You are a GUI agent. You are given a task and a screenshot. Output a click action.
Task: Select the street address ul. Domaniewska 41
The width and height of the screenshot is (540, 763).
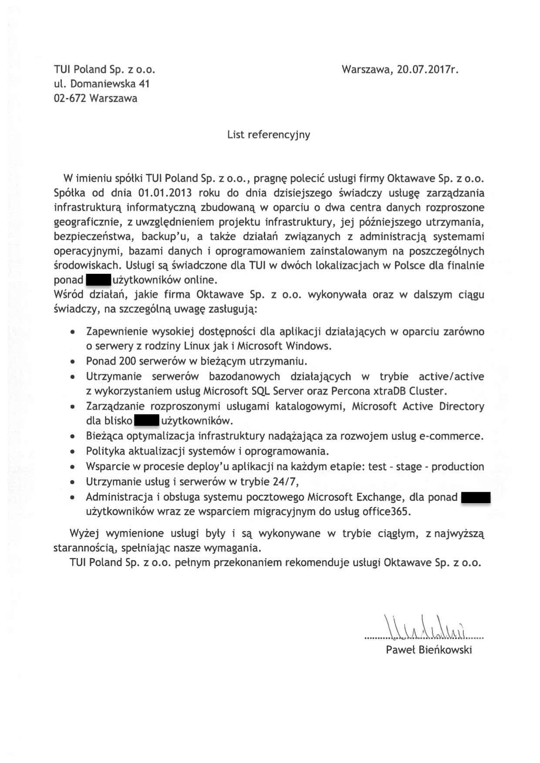pyautogui.click(x=101, y=84)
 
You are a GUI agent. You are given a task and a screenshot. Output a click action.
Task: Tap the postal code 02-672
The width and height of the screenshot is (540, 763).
pyautogui.click(x=70, y=98)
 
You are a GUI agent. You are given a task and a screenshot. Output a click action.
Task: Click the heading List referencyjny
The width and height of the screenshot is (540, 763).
pyautogui.click(x=269, y=134)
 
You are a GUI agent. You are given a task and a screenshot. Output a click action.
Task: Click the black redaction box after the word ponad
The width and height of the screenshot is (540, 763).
pyautogui.click(x=98, y=279)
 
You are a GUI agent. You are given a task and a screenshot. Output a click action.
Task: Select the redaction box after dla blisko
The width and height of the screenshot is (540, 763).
pyautogui.click(x=146, y=421)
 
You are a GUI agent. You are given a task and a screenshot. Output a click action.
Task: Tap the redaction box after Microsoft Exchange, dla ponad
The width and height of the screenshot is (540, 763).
pyautogui.click(x=476, y=497)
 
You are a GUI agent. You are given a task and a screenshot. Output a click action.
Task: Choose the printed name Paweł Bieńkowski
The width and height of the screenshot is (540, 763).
pyautogui.click(x=429, y=650)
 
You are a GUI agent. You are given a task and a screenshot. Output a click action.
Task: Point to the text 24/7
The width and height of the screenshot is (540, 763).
pyautogui.click(x=284, y=482)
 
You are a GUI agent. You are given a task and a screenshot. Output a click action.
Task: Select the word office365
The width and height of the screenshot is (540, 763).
pyautogui.click(x=386, y=511)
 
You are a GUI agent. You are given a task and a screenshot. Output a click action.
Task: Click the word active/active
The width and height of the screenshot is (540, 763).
pyautogui.click(x=451, y=376)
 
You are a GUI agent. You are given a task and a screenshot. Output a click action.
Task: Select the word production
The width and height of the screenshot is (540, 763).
pyautogui.click(x=458, y=467)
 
